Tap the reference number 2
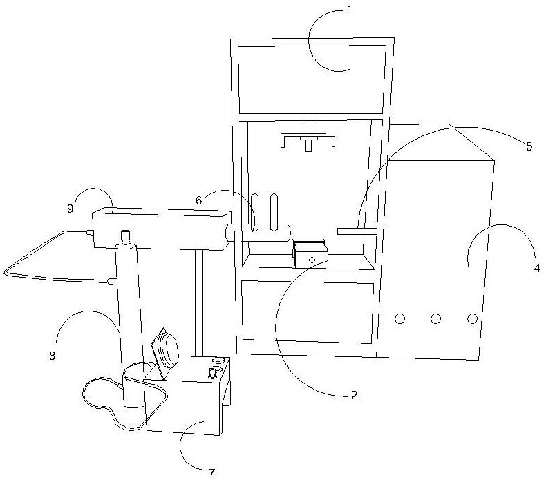[353, 396]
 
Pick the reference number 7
[212, 472]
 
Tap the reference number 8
[52, 356]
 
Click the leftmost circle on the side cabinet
[399, 318]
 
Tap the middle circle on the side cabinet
[435, 318]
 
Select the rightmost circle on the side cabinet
[472, 318]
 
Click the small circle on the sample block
[312, 260]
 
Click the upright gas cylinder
[129, 325]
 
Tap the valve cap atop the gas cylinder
[125, 237]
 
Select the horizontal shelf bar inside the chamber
[357, 230]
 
